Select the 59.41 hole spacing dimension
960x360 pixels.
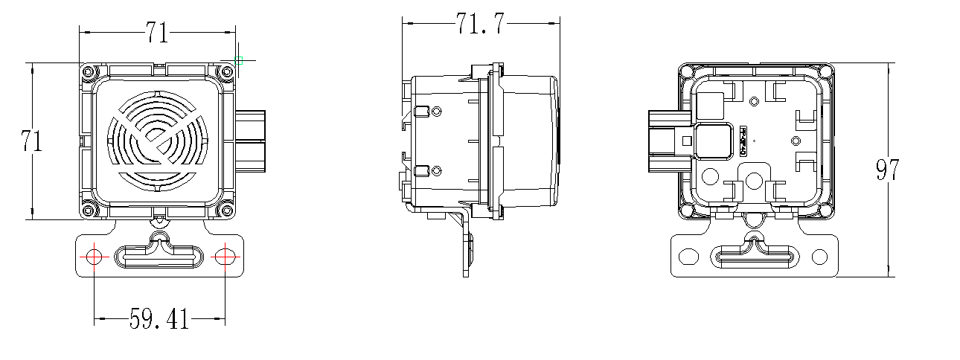pos(159,320)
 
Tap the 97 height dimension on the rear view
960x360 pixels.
pos(887,171)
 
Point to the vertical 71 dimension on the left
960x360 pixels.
pos(31,141)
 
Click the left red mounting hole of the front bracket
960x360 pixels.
pos(95,257)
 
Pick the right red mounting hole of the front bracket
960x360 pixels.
pos(225,257)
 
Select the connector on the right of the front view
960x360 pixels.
pos(251,141)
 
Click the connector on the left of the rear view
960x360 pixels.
pos(667,141)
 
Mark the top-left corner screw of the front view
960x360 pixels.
pos(89,71)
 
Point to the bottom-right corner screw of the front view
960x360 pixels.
pos(225,210)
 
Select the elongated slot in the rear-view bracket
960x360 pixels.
pos(755,257)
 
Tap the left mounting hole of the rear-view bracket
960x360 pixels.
pos(688,257)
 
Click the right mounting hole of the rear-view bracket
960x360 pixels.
pos(820,257)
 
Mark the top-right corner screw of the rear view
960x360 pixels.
pos(825,71)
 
